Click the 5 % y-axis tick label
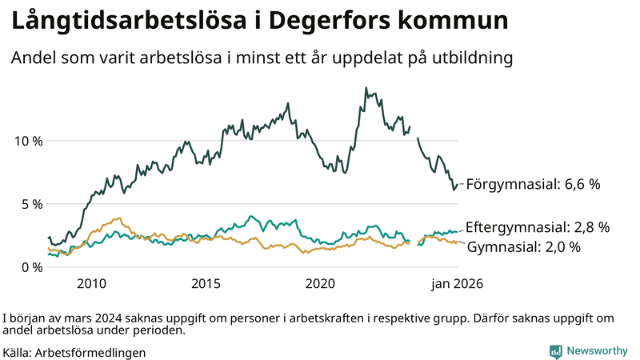click(x=32, y=204)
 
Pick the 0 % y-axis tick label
click(x=32, y=267)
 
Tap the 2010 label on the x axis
click(x=92, y=284)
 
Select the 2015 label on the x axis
click(x=206, y=284)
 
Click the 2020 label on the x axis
click(x=320, y=284)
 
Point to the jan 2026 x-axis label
click(x=457, y=284)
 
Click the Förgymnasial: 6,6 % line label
click(x=533, y=184)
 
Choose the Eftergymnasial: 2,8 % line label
click(x=538, y=226)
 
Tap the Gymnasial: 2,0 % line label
click(x=523, y=247)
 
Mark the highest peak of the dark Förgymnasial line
click(x=366, y=88)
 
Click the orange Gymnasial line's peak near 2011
click(x=118, y=218)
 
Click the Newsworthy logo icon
click(x=555, y=351)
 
